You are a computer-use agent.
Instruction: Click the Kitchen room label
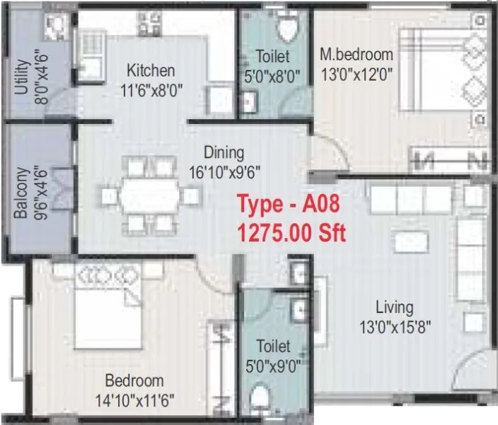[x=150, y=70]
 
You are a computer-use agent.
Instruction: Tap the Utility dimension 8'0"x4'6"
[x=42, y=81]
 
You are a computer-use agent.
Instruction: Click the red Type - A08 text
[x=289, y=205]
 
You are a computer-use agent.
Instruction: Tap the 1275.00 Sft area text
[x=291, y=232]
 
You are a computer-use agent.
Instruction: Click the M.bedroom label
[x=357, y=55]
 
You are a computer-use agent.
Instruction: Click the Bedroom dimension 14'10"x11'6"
[x=134, y=399]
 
